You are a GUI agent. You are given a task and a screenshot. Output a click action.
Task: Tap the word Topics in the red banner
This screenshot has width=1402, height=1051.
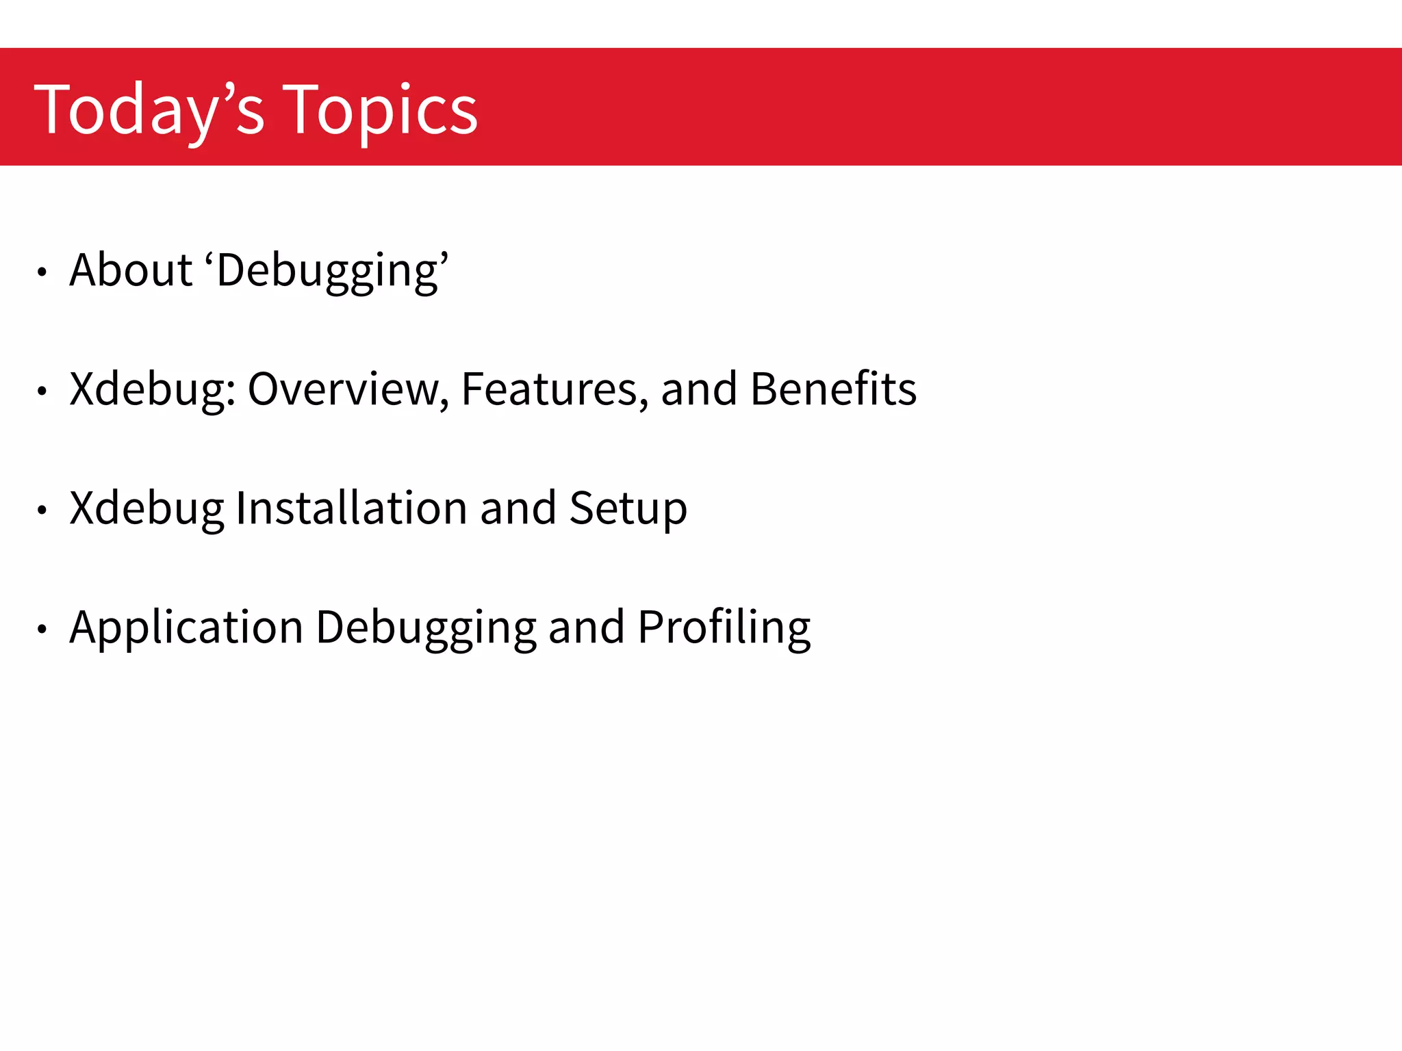click(380, 109)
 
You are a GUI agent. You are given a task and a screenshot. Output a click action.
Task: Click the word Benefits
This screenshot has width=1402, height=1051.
click(833, 389)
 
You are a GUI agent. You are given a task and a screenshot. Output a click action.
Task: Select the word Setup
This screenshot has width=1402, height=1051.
click(628, 509)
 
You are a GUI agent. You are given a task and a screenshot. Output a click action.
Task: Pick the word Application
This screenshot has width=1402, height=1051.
click(186, 627)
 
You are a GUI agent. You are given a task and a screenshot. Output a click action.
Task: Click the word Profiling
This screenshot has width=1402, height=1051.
click(724, 627)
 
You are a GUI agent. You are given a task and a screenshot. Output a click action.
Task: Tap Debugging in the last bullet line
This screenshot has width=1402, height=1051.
click(426, 627)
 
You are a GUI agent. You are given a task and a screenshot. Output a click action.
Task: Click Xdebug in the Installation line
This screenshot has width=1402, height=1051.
click(146, 508)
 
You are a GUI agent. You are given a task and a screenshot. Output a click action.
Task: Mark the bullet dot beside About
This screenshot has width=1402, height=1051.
click(42, 272)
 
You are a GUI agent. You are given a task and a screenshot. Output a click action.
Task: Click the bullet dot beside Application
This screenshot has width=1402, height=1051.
click(42, 629)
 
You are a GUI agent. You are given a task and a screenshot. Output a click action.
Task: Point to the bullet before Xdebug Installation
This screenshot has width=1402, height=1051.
click(42, 510)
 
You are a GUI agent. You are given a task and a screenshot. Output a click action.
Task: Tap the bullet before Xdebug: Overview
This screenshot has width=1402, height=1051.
click(42, 391)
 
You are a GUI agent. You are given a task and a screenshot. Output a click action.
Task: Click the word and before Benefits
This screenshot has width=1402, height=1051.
click(699, 389)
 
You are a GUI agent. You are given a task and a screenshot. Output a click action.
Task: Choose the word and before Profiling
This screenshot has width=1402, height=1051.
click(587, 627)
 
